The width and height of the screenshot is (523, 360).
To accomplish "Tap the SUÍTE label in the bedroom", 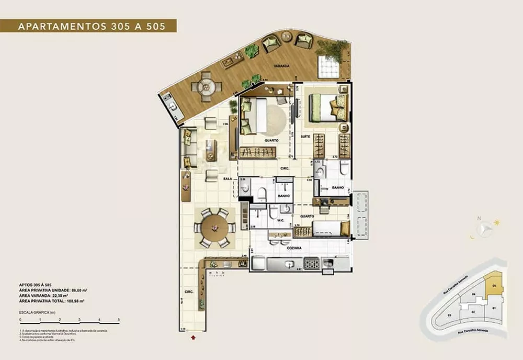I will [x=304, y=136].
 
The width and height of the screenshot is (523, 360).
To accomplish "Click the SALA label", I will [x=228, y=178].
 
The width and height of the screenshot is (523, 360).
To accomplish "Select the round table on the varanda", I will [x=205, y=86].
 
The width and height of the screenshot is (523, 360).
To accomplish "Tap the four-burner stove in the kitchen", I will [x=311, y=264].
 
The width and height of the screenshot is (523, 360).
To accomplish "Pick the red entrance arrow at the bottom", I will [x=195, y=337].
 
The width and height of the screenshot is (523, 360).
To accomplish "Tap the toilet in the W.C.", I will [x=273, y=212].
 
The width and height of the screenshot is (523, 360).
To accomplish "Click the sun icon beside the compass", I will [x=496, y=222].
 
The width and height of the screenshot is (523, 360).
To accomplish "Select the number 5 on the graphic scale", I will [x=119, y=319].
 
